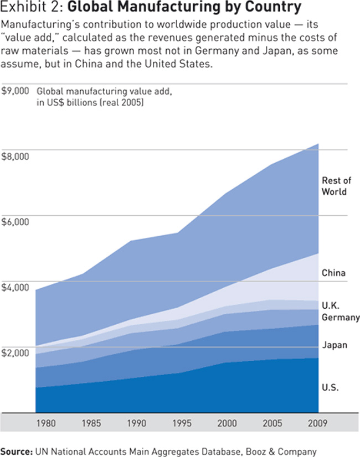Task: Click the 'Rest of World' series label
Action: (336, 186)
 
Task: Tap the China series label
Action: (333, 273)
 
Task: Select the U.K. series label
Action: (331, 306)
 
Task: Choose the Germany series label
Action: (341, 318)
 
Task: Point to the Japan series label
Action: (335, 345)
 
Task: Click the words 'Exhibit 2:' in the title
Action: (32, 8)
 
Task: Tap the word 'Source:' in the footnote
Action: (17, 450)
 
